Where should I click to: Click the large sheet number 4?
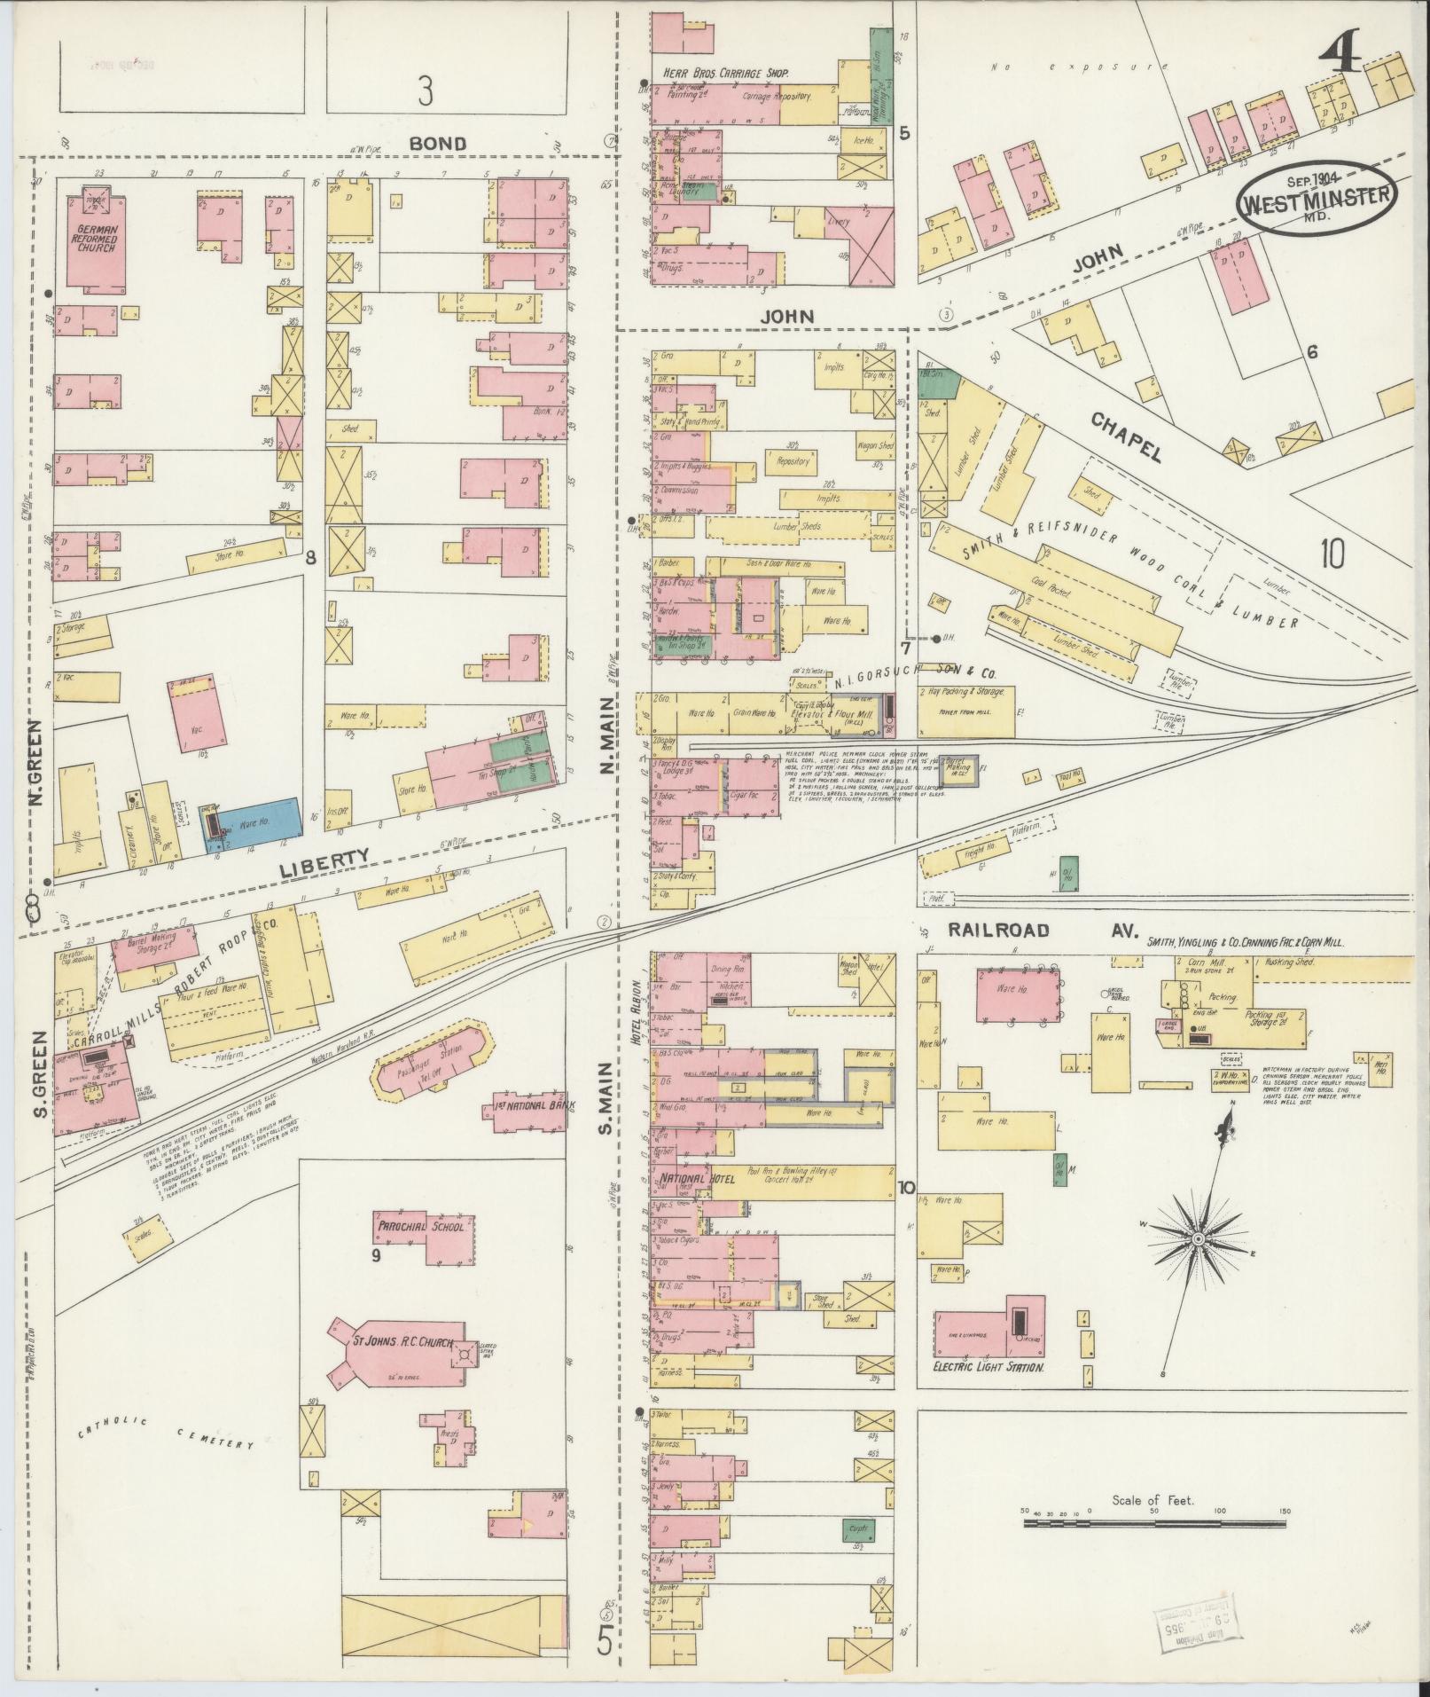[1340, 59]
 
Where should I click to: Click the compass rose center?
[1198, 1238]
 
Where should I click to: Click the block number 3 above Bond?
[426, 92]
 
